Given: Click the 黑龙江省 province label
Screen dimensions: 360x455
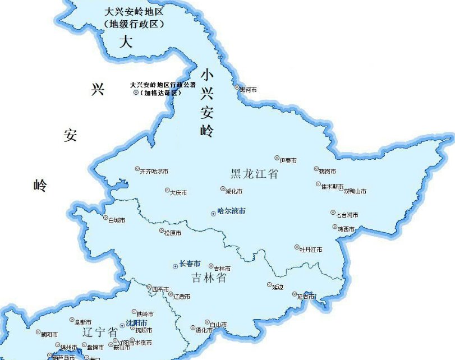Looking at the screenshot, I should point(254,173).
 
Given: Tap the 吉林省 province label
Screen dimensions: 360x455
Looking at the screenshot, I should point(208,277).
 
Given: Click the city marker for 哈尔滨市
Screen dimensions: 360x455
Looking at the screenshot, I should point(213,213).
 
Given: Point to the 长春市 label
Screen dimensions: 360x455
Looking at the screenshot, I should point(190,264).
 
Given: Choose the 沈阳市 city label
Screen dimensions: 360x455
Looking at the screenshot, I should point(136,324).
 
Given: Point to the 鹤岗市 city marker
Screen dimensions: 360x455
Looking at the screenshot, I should point(315,168).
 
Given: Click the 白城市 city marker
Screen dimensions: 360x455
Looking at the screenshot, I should point(105,218).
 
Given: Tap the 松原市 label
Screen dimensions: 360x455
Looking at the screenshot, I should point(172,233).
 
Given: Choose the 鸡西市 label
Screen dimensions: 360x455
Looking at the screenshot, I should point(346,229).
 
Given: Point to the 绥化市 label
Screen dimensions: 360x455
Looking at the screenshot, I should point(233,192).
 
